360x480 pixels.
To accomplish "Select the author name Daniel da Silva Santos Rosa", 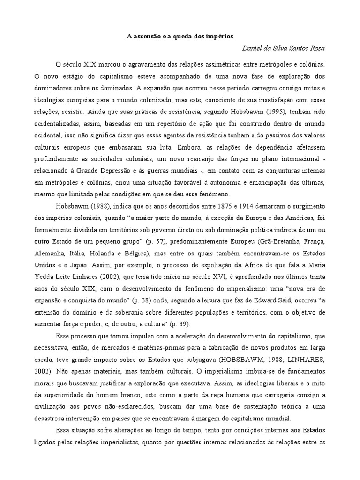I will pyautogui.click(x=283, y=48).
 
